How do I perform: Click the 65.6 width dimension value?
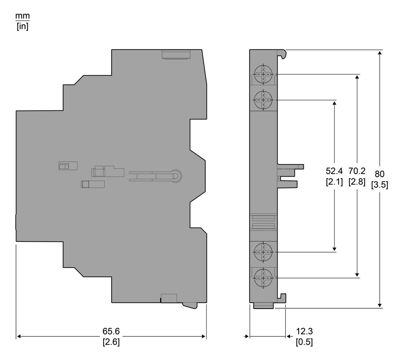click(x=111, y=331)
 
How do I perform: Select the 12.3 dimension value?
click(x=304, y=331)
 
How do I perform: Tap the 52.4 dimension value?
click(x=334, y=171)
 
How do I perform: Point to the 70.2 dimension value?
click(x=357, y=171)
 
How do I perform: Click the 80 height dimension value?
click(x=379, y=174)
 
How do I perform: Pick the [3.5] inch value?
click(x=379, y=185)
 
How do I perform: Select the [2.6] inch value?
click(x=111, y=342)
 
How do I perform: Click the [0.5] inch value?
click(x=304, y=342)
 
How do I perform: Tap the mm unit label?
click(x=23, y=16)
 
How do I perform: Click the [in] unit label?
click(x=23, y=27)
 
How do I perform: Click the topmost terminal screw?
click(x=263, y=74)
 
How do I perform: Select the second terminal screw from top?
click(x=263, y=100)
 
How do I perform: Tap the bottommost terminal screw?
click(x=263, y=278)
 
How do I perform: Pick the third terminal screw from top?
click(x=263, y=252)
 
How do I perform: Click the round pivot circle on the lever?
click(x=175, y=176)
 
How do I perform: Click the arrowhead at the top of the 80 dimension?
click(x=380, y=53)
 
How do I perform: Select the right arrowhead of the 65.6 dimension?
click(x=204, y=336)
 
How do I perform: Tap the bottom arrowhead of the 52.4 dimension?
click(x=335, y=249)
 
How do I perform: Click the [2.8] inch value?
click(x=357, y=182)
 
